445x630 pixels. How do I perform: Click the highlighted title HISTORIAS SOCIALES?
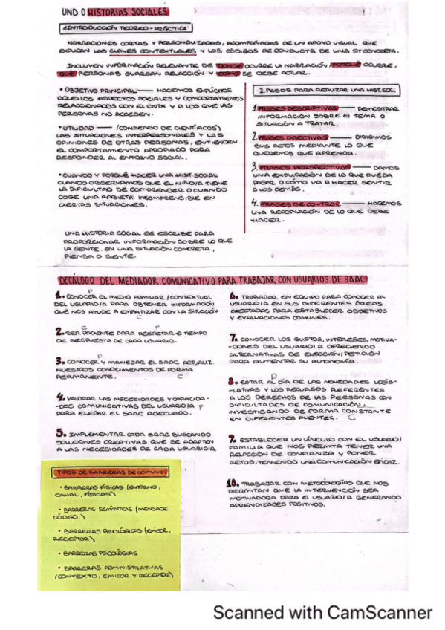(x=137, y=12)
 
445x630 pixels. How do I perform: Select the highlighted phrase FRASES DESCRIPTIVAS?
(x=293, y=108)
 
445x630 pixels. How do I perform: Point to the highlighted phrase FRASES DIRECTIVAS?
(x=290, y=137)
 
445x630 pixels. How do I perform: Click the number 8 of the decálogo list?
(x=233, y=381)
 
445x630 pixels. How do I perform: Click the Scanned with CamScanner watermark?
(x=322, y=613)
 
